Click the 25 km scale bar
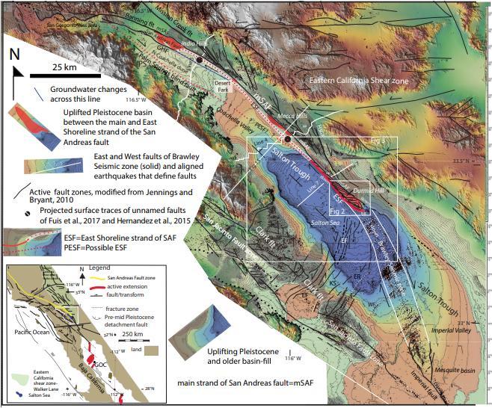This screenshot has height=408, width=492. click(67, 75)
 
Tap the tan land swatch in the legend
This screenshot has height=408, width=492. click(154, 350)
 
